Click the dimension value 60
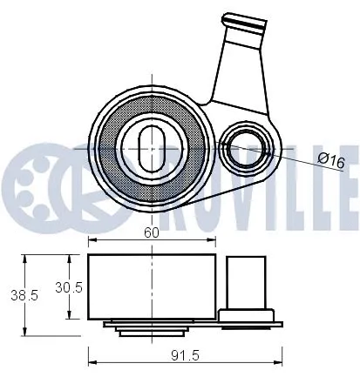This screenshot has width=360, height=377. pyautogui.click(x=152, y=232)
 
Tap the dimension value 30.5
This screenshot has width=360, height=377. pyautogui.click(x=69, y=287)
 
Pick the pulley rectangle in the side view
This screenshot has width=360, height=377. pyautogui.click(x=152, y=286)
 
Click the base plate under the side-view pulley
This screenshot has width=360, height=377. pyautogui.click(x=192, y=325)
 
